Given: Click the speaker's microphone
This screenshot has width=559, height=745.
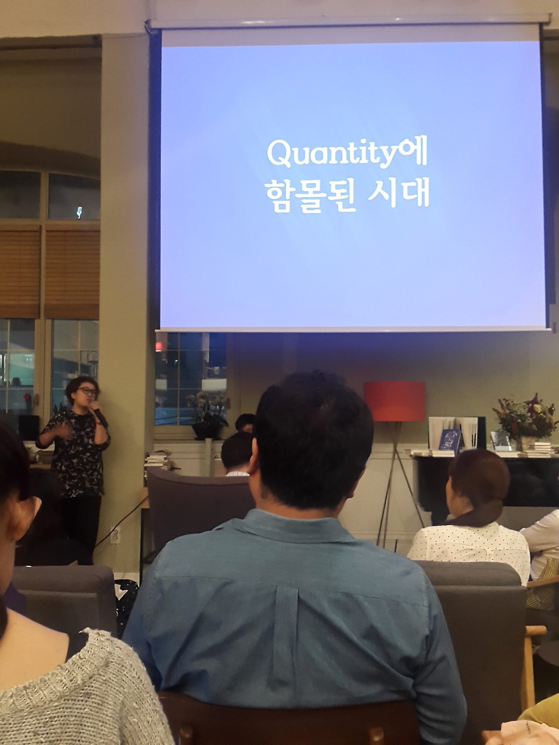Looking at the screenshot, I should [x=99, y=414].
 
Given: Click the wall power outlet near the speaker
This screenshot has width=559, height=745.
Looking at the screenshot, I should [x=114, y=536].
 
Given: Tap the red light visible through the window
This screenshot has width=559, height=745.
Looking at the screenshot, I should [x=158, y=347].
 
